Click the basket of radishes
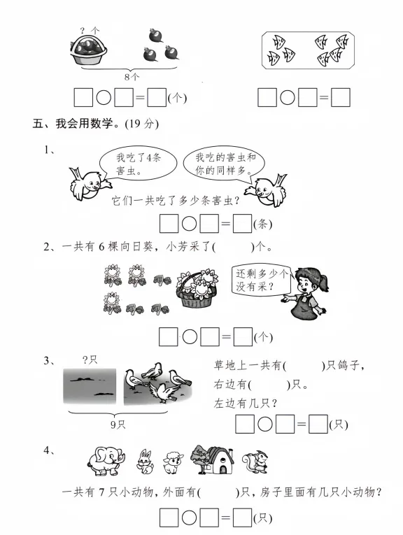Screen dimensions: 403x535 click(89, 50)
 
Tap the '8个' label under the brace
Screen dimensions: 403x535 click(132, 77)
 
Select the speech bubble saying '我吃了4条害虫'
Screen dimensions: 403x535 click(138, 164)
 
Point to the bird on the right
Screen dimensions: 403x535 click(268, 190)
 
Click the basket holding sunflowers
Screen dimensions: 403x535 click(197, 289)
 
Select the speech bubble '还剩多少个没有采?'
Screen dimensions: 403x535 click(261, 280)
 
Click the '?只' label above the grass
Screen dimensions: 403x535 click(90, 359)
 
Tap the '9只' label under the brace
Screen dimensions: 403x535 click(118, 425)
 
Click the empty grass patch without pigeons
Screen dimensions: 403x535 click(90, 387)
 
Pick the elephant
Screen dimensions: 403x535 click(106, 461)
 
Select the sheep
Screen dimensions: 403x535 click(173, 463)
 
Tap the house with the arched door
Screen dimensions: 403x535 click(218, 460)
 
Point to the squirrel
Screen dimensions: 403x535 click(256, 462)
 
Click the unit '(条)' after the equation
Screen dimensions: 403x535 click(263, 224)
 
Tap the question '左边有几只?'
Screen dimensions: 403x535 click(246, 404)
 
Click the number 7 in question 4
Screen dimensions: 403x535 click(101, 492)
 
